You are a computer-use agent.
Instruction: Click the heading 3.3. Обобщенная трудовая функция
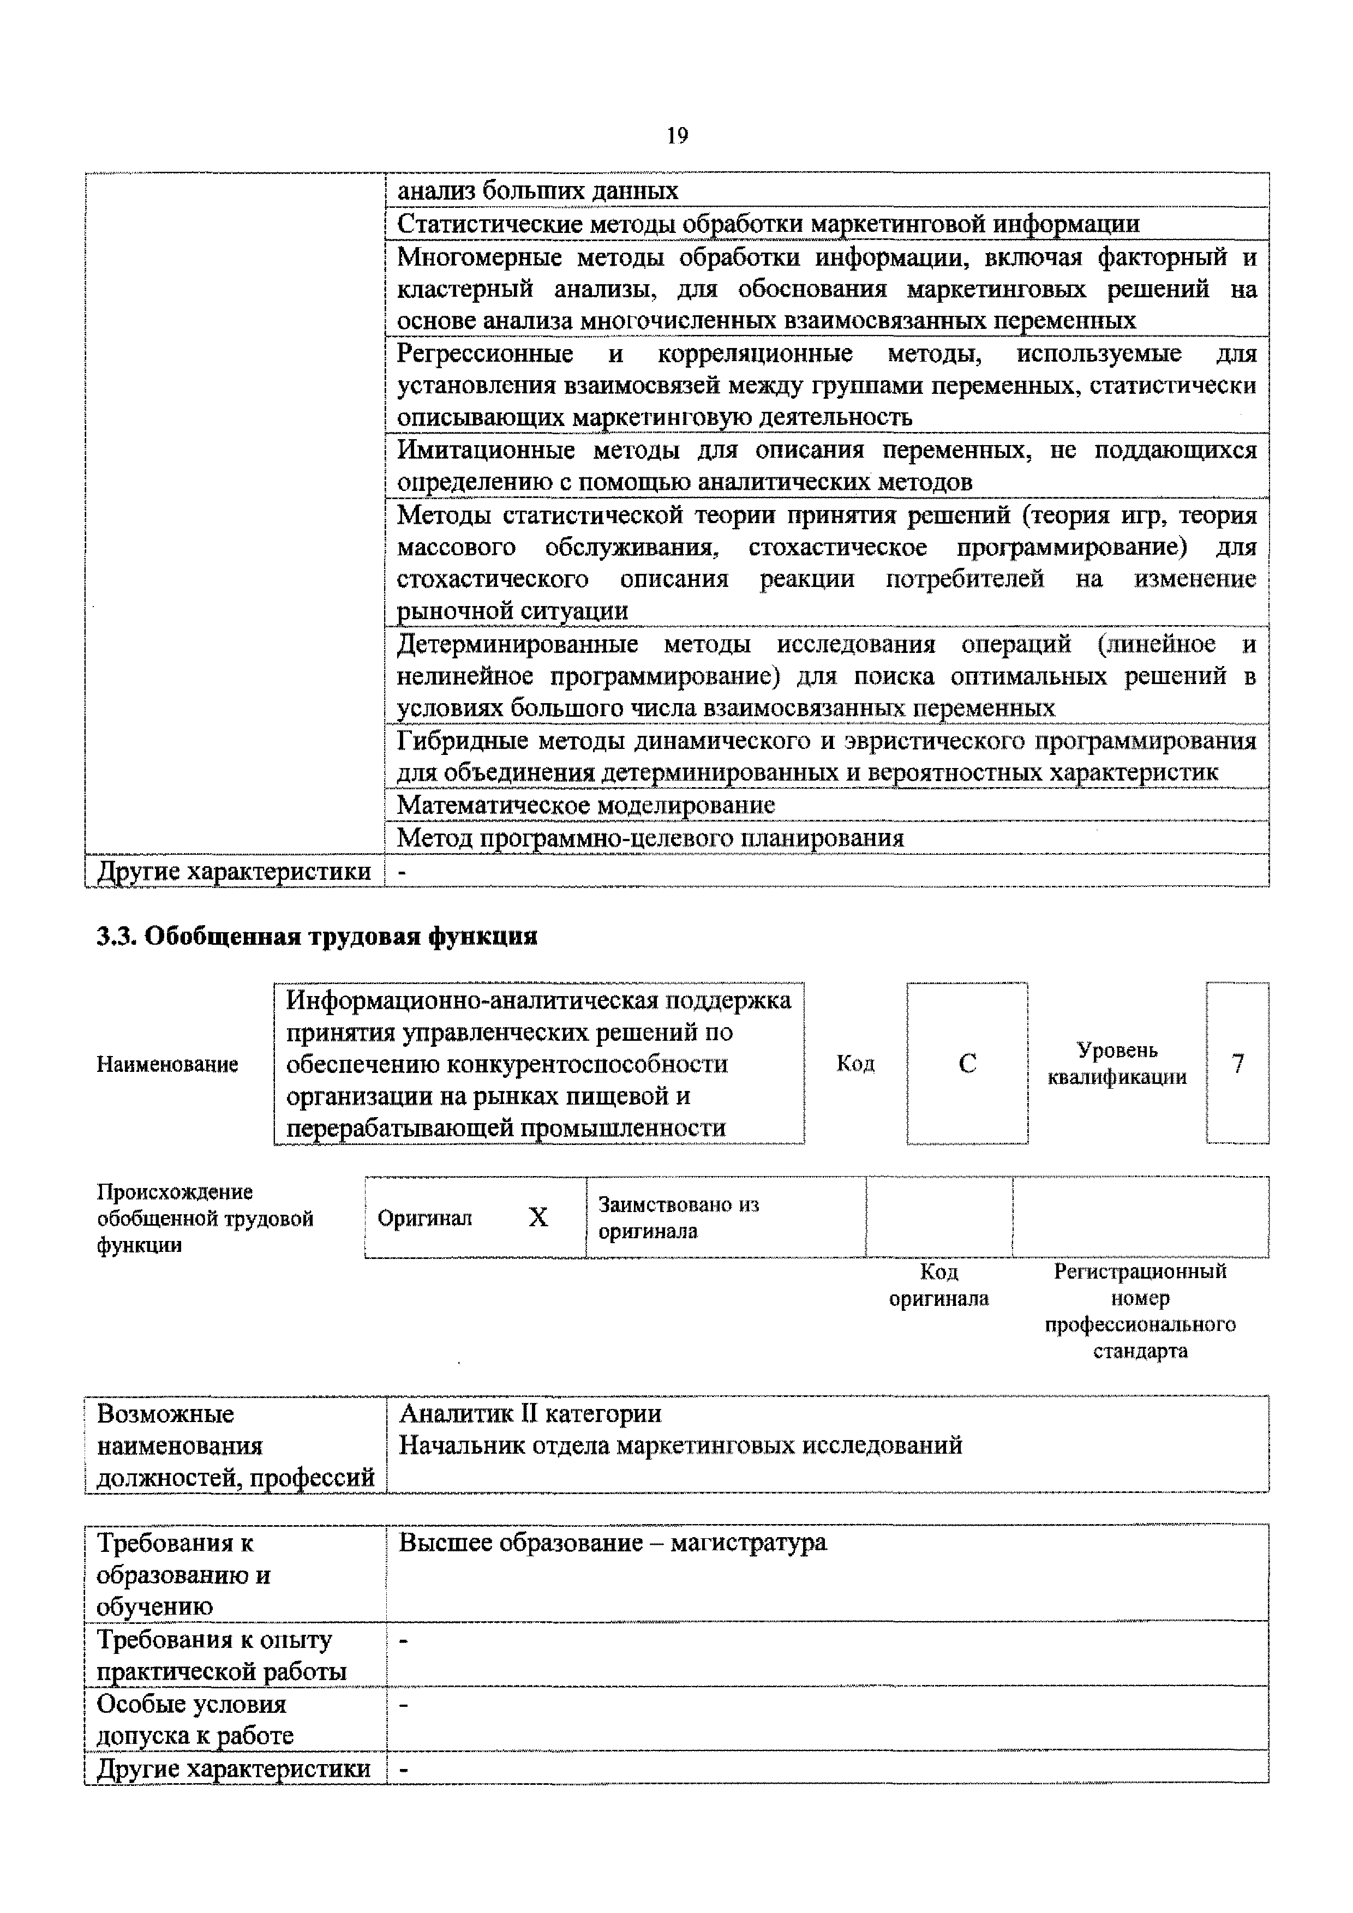pos(316,937)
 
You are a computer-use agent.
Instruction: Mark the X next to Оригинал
pos(538,1218)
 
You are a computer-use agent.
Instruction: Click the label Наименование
pos(167,1064)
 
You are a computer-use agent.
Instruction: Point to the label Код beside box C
pos(855,1064)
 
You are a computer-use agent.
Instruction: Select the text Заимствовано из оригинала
pos(678,1218)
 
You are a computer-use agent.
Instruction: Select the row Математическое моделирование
pos(586,805)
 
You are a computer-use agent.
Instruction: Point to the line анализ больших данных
pos(537,191)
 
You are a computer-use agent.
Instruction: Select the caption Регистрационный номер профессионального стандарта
pos(1140,1311)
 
